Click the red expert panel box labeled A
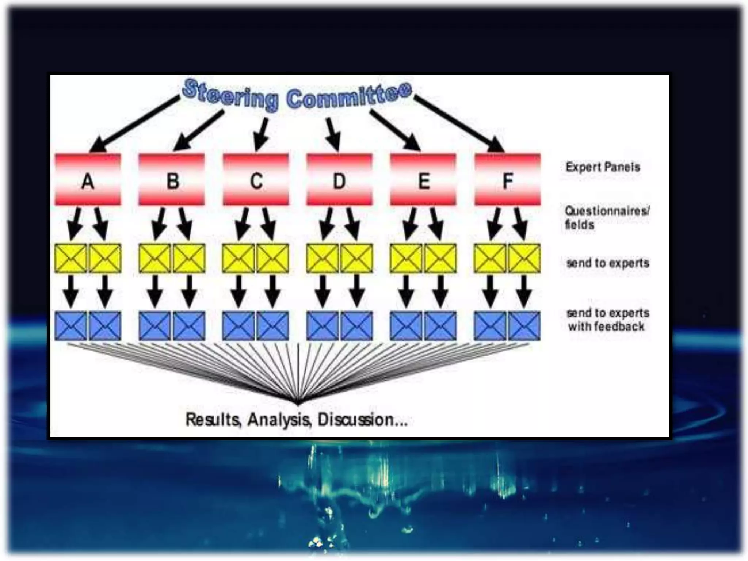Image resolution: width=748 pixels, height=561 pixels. [x=88, y=179]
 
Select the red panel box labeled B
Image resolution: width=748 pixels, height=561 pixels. [x=172, y=179]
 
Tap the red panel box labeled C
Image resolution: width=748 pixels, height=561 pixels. [x=256, y=179]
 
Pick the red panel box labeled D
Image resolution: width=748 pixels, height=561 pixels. [x=339, y=179]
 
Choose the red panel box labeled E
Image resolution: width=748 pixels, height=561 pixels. [x=423, y=179]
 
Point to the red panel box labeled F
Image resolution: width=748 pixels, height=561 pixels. [x=507, y=179]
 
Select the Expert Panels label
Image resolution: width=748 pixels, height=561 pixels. [x=603, y=167]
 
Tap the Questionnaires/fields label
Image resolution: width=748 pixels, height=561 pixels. [x=606, y=217]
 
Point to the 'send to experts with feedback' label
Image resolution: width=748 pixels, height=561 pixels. [x=607, y=320]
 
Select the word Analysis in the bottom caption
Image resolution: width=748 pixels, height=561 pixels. [x=279, y=419]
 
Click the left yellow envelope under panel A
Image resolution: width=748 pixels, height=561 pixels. [x=71, y=258]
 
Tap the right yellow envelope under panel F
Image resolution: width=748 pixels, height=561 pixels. [x=524, y=258]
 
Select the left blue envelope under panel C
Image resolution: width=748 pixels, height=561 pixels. [x=238, y=326]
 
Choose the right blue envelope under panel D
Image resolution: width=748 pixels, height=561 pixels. [x=357, y=326]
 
